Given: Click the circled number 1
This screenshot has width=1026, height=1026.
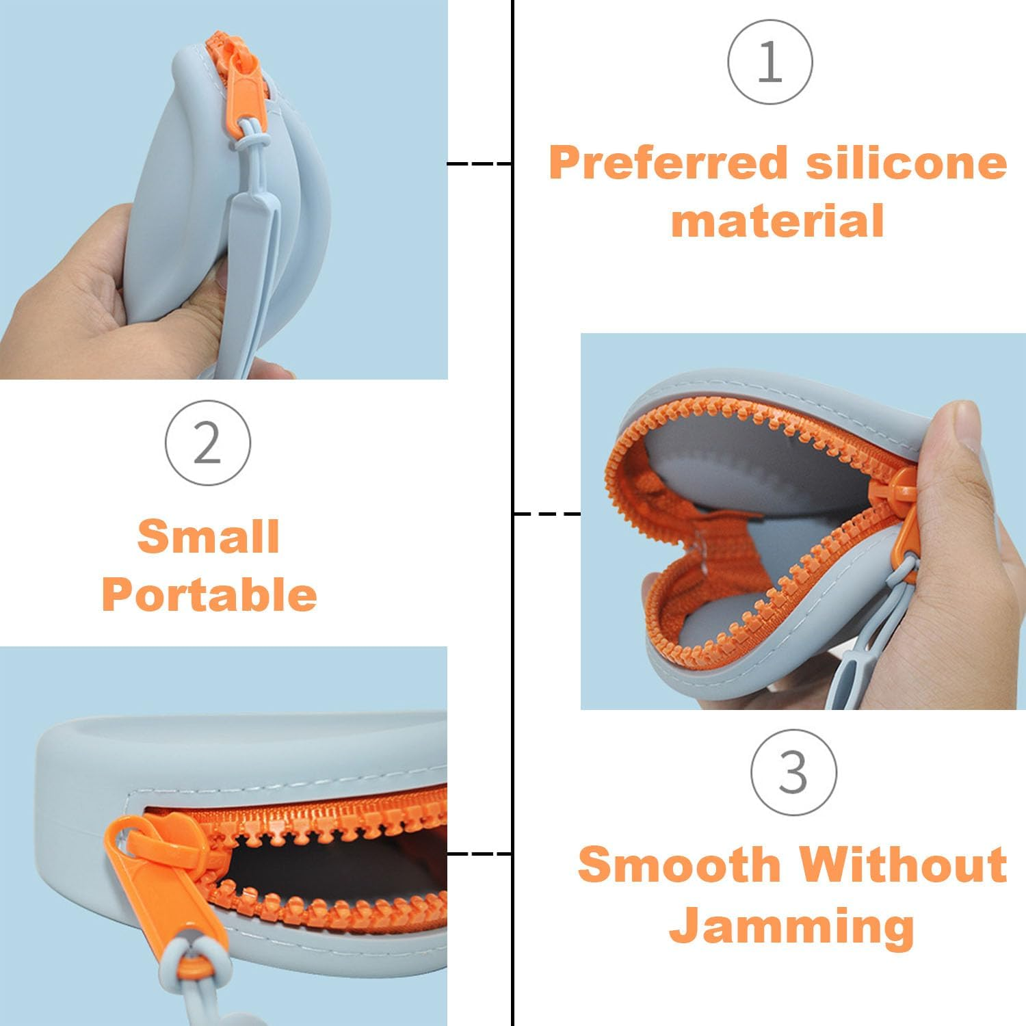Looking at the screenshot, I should pyautogui.click(x=770, y=62).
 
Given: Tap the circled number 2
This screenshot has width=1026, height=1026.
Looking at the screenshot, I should pyautogui.click(x=208, y=443).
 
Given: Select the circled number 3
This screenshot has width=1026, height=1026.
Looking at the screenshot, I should pyautogui.click(x=793, y=772).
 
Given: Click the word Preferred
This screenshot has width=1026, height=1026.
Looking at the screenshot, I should pyautogui.click(x=668, y=164).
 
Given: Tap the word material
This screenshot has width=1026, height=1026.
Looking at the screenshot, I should pyautogui.click(x=778, y=221).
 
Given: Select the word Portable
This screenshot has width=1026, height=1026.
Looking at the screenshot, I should pyautogui.click(x=209, y=594).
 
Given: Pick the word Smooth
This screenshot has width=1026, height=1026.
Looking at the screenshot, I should pyautogui.click(x=679, y=865).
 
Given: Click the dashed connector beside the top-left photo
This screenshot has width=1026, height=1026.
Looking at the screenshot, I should pyautogui.click(x=479, y=163).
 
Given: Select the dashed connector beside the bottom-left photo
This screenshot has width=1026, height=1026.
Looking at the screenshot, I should pyautogui.click(x=479, y=854).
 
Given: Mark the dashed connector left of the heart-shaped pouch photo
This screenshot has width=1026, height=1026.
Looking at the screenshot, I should pyautogui.click(x=547, y=513).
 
